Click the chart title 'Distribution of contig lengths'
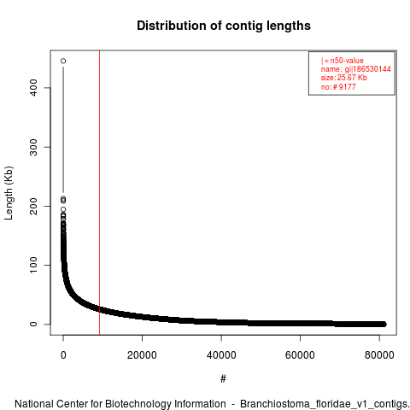[224, 26]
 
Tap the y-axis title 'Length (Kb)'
[9, 193]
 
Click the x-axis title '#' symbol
[223, 378]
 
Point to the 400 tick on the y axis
[33, 88]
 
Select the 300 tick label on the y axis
[33, 147]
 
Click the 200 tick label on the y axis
[33, 206]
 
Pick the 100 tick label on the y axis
[33, 265]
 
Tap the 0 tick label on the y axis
[33, 324]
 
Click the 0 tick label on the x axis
[63, 355]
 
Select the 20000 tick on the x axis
[142, 355]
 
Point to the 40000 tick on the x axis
[221, 355]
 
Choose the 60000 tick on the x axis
[300, 355]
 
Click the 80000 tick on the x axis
[379, 355]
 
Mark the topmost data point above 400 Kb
[63, 61]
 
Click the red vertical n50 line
[99, 193]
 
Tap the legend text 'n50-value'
[347, 61]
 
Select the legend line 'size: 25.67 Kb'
[344, 78]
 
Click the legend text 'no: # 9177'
[338, 86]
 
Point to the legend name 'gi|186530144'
[367, 69]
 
